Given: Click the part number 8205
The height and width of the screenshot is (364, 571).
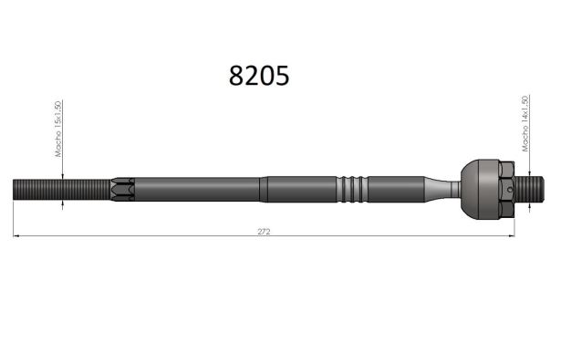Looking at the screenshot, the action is (259, 76).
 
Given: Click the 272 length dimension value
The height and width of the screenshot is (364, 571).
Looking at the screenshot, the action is (264, 232).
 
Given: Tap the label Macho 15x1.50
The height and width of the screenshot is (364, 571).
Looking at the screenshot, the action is (58, 129).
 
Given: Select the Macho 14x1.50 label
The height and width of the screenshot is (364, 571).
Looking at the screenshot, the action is (525, 124).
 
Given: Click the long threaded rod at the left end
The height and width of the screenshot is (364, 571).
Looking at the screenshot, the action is (62, 190).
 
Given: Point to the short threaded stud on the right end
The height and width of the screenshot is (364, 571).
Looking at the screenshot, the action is (529, 189).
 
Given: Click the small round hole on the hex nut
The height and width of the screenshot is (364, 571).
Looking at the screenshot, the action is (510, 190).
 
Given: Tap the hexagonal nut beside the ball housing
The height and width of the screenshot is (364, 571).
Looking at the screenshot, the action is (506, 189).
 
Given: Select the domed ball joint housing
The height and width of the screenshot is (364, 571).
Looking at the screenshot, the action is (480, 190).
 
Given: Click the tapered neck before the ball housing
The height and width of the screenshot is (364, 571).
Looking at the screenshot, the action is (441, 189).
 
